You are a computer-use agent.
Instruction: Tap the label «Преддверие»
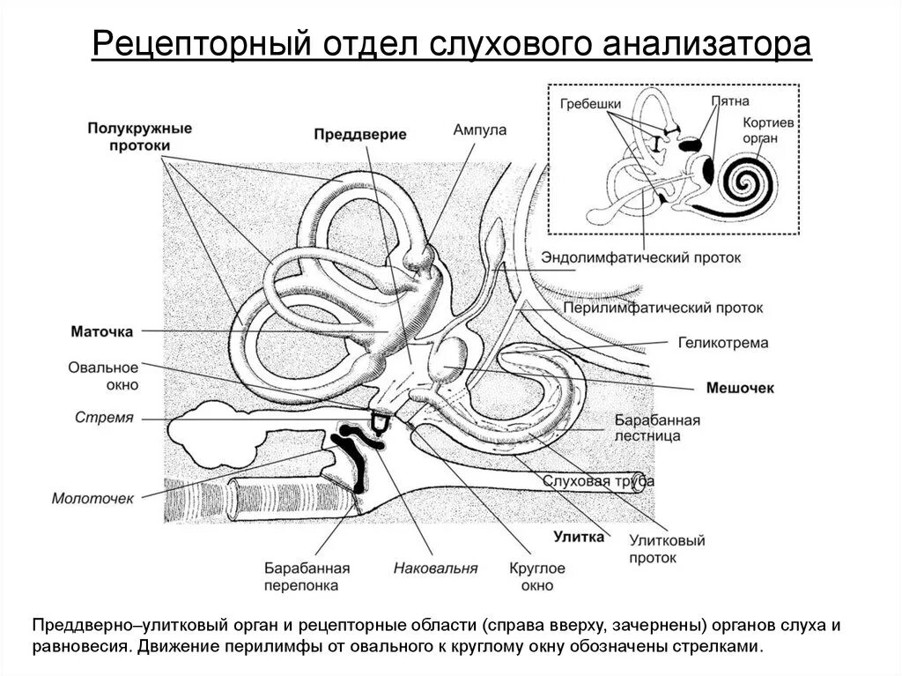[x=360, y=135]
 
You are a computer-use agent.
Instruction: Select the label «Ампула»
[x=479, y=130]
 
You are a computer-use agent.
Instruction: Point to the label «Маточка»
[x=102, y=331]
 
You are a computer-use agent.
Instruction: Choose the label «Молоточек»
[x=92, y=498]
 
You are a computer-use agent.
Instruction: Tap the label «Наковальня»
[x=435, y=568]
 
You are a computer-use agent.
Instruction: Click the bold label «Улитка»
[x=579, y=536]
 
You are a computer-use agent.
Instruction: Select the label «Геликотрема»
[x=723, y=342]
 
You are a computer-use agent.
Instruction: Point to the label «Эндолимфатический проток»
[x=641, y=258]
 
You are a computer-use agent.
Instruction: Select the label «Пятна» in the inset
[x=730, y=101]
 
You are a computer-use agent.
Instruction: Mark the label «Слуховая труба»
[x=598, y=480]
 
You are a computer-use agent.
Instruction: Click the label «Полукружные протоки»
[x=139, y=136]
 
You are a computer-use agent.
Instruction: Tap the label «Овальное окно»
[x=103, y=375]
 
